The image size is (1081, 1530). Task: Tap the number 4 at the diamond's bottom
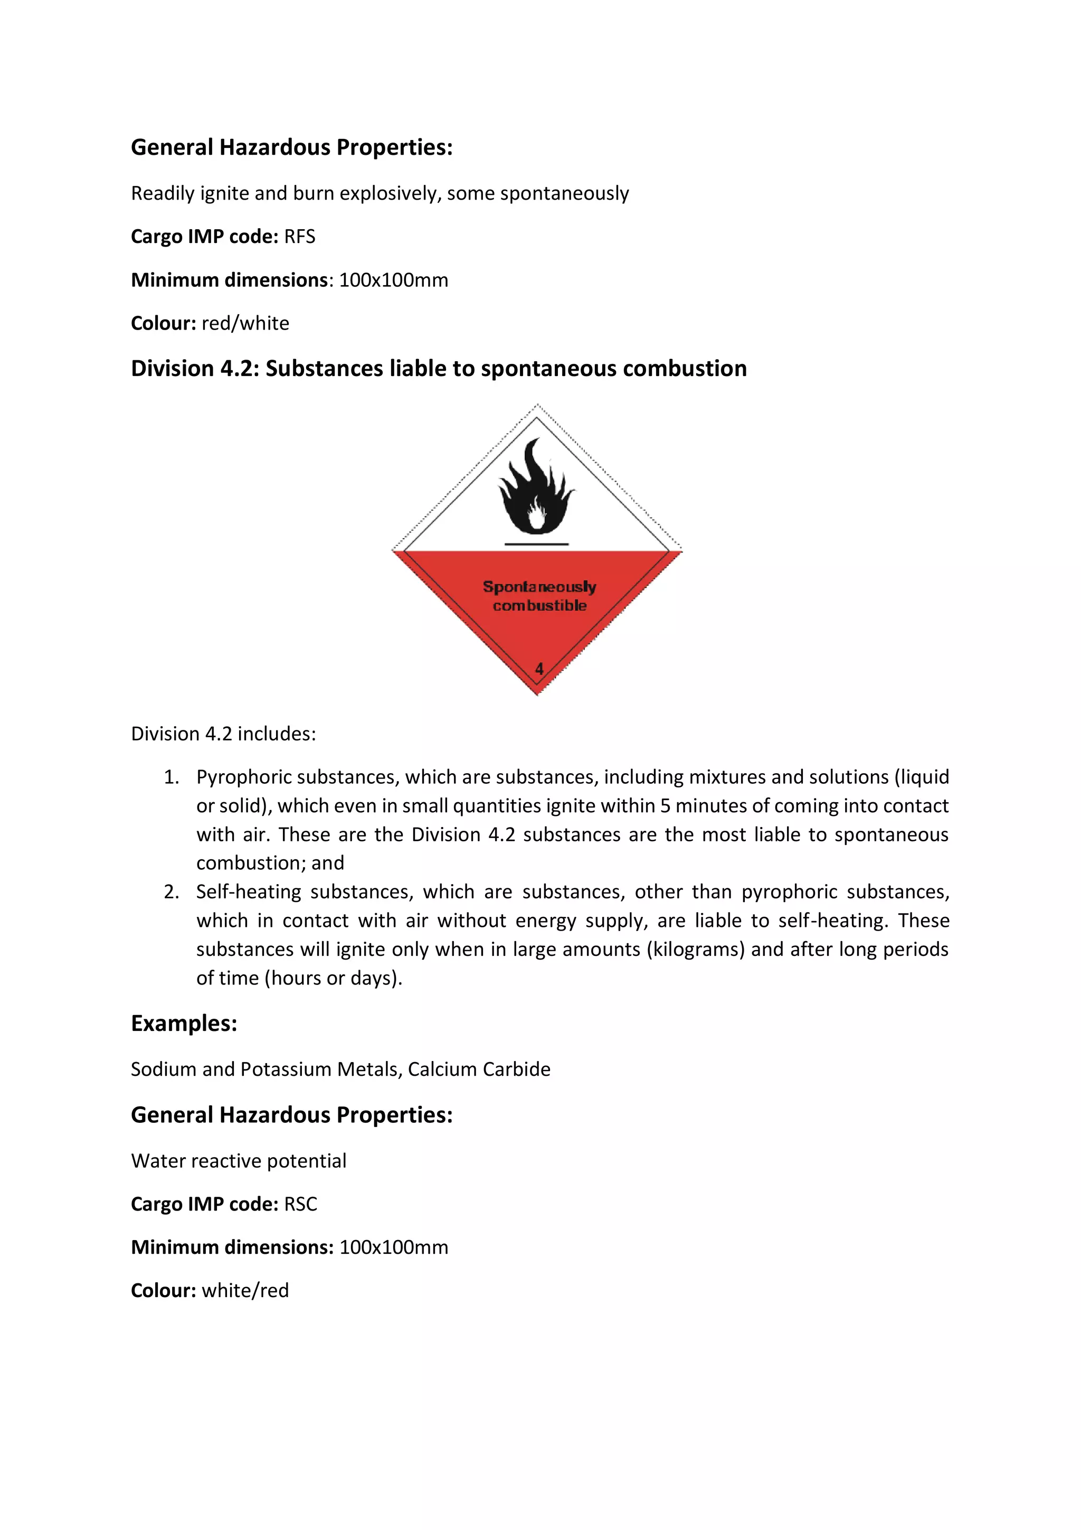(539, 669)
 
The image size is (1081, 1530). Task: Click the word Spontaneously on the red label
(539, 586)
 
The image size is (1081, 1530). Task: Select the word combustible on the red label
(539, 606)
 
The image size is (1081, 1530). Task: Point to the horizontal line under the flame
(536, 545)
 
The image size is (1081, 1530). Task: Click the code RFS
(300, 237)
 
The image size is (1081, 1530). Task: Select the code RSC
(300, 1204)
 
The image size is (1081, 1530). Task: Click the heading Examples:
(184, 1024)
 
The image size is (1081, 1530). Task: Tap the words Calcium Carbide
(479, 1069)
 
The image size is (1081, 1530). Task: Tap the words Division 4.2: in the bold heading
(194, 369)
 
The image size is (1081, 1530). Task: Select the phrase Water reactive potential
(239, 1161)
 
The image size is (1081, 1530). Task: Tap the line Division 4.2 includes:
(223, 734)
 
